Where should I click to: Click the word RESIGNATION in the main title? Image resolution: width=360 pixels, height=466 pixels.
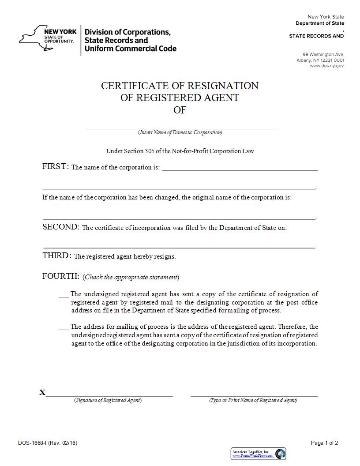point(223,86)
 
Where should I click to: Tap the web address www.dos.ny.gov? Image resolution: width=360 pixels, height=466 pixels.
point(326,66)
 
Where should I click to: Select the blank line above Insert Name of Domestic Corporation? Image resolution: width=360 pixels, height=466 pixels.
point(180,128)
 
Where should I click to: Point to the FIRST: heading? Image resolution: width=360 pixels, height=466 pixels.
point(56,166)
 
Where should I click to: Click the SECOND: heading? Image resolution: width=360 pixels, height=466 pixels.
point(61,227)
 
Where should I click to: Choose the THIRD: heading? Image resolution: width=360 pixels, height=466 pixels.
point(57,256)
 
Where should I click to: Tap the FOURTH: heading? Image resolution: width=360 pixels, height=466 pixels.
point(61,276)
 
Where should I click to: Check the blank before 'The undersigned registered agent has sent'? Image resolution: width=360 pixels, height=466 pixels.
point(64,294)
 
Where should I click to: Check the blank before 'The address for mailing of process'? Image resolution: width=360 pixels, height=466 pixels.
point(64,327)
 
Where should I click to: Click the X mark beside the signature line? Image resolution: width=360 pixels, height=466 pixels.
point(42,392)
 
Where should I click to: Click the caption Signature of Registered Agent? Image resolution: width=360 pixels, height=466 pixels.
point(108,400)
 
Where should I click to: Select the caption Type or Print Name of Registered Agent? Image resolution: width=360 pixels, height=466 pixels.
point(253,400)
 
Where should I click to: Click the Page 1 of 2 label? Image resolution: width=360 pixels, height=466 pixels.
point(324,443)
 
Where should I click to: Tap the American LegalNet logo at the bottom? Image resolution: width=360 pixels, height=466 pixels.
point(258,453)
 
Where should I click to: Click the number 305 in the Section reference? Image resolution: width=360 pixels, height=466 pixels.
point(150,151)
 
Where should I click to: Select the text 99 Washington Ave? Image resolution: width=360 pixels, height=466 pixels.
point(326,54)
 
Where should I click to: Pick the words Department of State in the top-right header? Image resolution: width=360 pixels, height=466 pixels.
point(320,23)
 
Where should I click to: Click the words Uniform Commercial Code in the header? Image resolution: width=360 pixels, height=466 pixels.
point(130,49)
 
